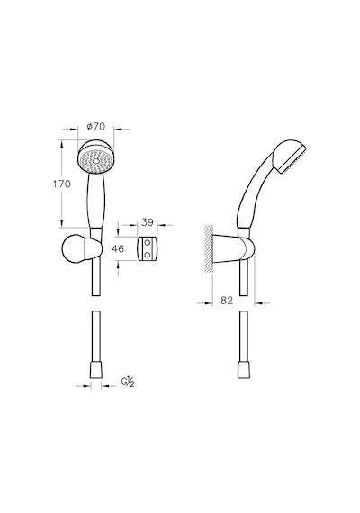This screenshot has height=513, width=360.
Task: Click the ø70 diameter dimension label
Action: [x=96, y=126]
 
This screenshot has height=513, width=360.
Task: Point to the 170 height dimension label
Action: [x=62, y=184]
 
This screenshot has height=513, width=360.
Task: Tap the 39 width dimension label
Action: [x=148, y=222]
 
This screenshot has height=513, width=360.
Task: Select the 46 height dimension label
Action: [x=118, y=249]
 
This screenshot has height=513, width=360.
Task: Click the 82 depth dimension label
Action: [x=227, y=300]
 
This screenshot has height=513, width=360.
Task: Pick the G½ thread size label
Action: [x=128, y=382]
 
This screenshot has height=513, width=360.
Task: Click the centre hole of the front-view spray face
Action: [x=96, y=161]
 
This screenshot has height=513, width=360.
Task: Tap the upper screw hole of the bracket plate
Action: [x=148, y=243]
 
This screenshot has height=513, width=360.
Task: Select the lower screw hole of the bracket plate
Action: [x=148, y=254]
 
